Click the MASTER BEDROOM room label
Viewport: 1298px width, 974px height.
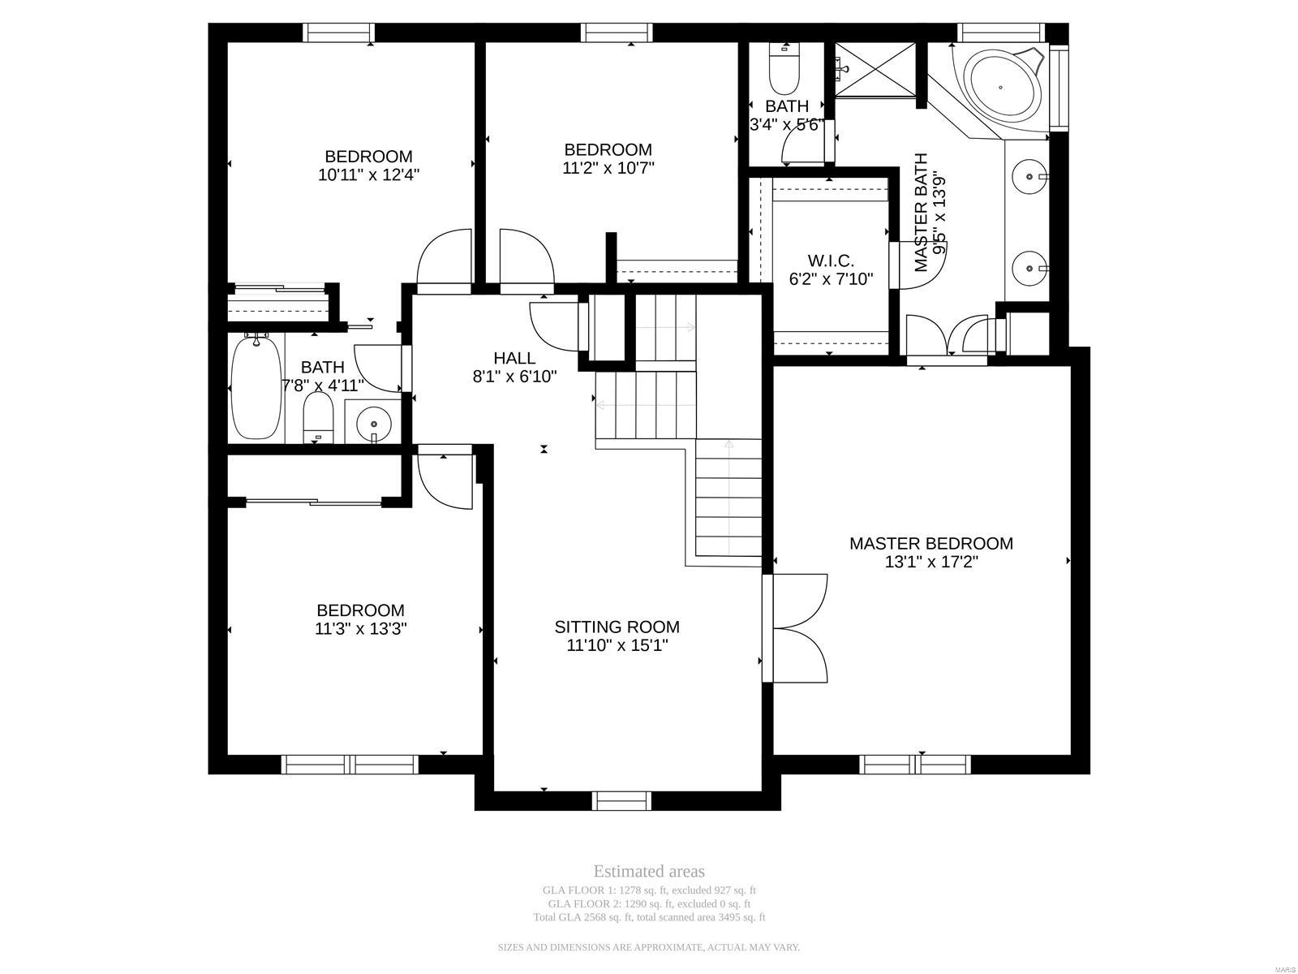[931, 544]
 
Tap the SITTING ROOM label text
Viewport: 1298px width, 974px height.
[617, 627]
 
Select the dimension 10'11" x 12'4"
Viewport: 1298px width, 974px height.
[368, 175]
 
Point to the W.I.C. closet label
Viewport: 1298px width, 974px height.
[831, 261]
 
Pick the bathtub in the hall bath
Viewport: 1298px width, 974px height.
[256, 387]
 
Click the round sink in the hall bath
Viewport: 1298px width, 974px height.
[373, 423]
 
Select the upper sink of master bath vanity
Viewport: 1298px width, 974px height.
[1029, 175]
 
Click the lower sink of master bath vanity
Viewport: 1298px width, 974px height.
[1029, 266]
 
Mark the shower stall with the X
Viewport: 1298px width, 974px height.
[876, 70]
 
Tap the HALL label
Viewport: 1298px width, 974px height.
[514, 358]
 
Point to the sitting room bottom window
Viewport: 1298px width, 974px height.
[622, 800]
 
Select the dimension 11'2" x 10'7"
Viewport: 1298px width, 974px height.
[608, 168]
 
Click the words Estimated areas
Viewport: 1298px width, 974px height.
[649, 872]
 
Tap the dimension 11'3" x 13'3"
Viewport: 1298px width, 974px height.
[360, 628]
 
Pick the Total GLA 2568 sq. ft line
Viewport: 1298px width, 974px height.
[649, 918]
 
